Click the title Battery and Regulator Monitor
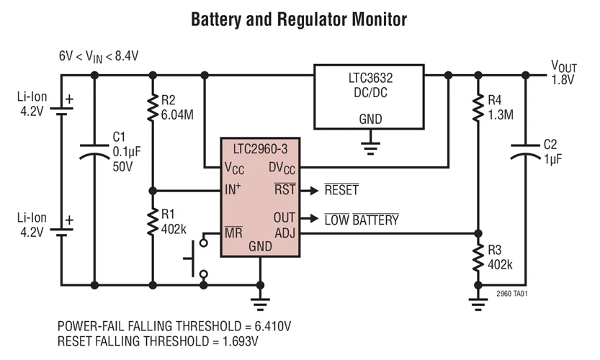[x=299, y=19]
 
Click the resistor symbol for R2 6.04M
[x=152, y=108]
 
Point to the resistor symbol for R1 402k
[x=152, y=222]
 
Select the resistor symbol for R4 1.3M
[x=476, y=108]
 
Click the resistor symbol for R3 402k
[x=476, y=258]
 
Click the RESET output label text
[x=341, y=191]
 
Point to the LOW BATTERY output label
[x=361, y=220]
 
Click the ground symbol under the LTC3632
[x=370, y=148]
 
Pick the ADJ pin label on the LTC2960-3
[x=285, y=233]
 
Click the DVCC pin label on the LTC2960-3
[x=281, y=167]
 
